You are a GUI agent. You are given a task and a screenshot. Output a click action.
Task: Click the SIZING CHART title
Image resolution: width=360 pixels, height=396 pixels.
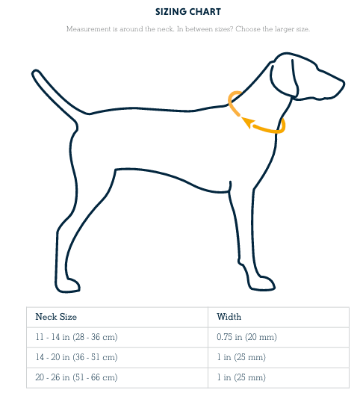(187, 11)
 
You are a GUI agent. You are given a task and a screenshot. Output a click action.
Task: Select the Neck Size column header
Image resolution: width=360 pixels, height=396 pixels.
(56, 317)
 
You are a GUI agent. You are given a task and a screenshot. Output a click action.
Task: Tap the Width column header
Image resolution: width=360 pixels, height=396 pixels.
(229, 317)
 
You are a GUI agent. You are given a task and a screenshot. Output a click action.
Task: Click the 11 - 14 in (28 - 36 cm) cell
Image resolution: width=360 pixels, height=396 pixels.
(76, 337)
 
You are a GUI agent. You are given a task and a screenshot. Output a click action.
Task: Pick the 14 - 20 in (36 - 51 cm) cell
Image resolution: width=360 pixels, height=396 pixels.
(76, 357)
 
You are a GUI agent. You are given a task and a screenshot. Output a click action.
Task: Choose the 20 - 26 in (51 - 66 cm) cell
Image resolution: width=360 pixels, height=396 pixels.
(76, 377)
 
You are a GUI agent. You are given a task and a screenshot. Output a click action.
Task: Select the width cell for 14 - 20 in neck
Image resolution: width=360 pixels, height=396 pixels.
(240, 357)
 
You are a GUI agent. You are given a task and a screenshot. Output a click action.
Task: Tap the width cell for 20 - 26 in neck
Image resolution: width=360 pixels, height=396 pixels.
(240, 377)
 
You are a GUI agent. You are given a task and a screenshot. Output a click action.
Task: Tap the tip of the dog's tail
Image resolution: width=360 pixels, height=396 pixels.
(34, 73)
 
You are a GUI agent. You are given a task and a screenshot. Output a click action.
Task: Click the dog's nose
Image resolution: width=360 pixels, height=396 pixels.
(343, 82)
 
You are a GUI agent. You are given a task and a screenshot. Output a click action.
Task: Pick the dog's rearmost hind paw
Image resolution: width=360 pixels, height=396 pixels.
(67, 285)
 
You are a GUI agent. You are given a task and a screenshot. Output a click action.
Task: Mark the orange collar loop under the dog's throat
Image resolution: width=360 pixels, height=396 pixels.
(269, 129)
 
